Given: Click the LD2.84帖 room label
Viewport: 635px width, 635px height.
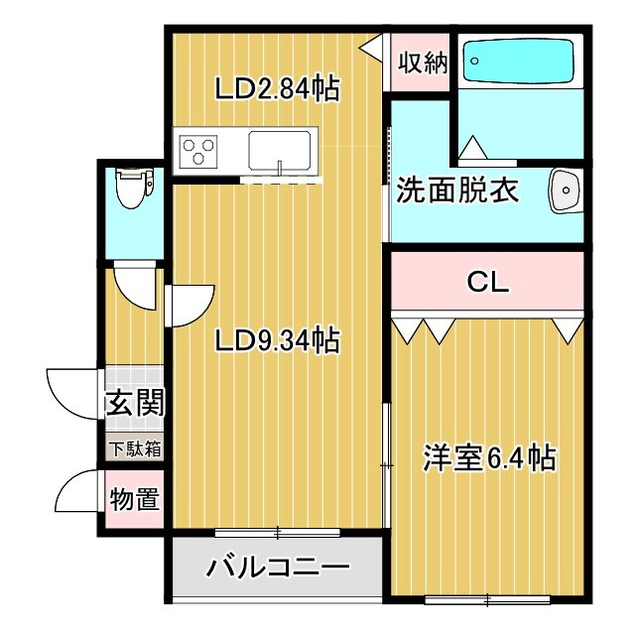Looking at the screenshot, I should [x=277, y=89].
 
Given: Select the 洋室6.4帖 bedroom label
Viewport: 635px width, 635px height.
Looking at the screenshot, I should [x=488, y=458].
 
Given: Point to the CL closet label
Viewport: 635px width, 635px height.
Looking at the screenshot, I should [x=487, y=283].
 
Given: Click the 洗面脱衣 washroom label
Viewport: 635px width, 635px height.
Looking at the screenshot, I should [x=458, y=190].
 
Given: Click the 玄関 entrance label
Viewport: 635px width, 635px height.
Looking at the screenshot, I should [x=134, y=403].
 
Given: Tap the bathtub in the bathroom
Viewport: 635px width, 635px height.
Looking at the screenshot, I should [x=520, y=62].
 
